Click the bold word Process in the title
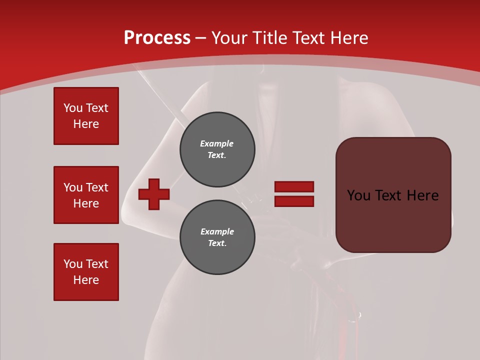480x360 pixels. click(157, 38)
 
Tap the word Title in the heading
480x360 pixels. click(269, 38)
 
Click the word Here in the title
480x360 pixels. click(348, 38)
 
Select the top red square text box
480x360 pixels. click(86, 116)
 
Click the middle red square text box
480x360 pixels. click(86, 195)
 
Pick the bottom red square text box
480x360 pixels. click(86, 272)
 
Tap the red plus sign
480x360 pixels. click(154, 194)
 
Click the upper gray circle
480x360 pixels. click(217, 149)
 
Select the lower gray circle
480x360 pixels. click(217, 237)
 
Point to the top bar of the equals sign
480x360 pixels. click(294, 186)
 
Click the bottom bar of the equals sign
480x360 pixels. click(294, 201)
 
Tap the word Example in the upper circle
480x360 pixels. click(217, 143)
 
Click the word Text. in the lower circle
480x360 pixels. click(217, 243)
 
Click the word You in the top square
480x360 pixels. click(72, 108)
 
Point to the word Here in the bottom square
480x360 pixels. click(86, 280)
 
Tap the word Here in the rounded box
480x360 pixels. click(422, 195)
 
